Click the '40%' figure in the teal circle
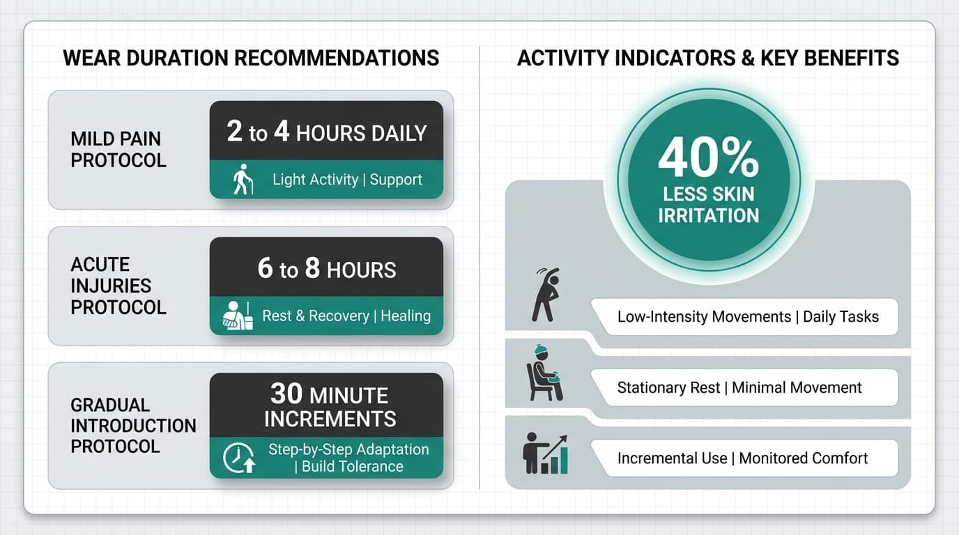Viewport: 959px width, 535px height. (x=708, y=159)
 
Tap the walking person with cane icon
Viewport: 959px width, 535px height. (x=243, y=180)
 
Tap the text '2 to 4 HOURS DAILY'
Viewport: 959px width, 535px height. (x=326, y=132)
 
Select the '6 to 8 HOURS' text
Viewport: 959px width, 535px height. (x=326, y=270)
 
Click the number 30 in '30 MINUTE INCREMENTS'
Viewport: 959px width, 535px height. (x=286, y=395)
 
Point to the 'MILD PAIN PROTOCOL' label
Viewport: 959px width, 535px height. (x=118, y=149)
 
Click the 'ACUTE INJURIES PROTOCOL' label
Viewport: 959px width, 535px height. (x=118, y=286)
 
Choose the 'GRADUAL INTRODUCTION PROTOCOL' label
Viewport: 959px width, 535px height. (x=133, y=425)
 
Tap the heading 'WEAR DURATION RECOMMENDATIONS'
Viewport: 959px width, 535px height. (x=251, y=58)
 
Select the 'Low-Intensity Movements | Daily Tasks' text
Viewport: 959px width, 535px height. (x=748, y=317)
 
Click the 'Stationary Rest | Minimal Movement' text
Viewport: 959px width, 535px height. (x=739, y=388)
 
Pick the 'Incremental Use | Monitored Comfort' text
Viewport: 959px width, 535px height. (x=742, y=458)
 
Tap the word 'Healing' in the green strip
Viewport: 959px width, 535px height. (x=406, y=316)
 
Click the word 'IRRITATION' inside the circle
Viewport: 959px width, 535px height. (x=708, y=215)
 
